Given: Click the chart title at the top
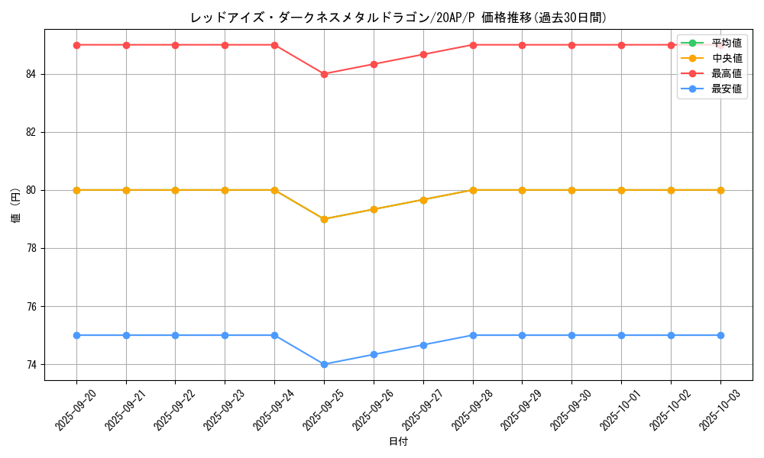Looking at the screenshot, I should tap(398, 18).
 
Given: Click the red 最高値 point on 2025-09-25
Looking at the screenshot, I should tap(324, 74).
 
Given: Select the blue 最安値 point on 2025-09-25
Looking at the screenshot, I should tap(324, 364).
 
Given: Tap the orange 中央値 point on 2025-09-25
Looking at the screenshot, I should tap(324, 219).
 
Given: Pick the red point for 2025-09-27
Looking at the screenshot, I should tap(423, 54).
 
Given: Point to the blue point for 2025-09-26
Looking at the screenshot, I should tap(374, 354).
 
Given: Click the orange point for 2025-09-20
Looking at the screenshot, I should tap(76, 190).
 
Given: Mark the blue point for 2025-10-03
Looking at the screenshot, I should tap(720, 335).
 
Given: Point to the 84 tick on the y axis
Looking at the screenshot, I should tap(31, 74).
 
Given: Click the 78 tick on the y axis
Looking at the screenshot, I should tap(31, 248).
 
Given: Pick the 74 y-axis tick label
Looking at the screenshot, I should tap(31, 364).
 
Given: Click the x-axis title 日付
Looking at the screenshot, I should tap(398, 442).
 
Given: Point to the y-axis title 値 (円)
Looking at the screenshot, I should tap(15, 205).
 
